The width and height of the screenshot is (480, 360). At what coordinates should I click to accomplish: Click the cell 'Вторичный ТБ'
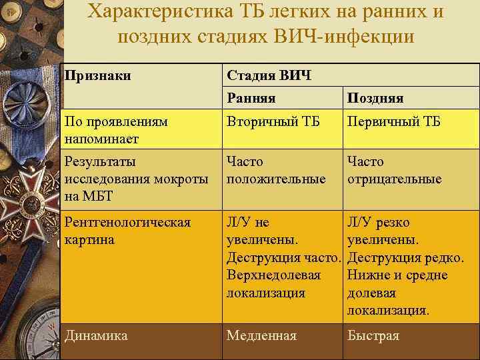coord(273,123)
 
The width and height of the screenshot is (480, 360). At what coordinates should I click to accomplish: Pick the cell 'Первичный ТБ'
coord(394,123)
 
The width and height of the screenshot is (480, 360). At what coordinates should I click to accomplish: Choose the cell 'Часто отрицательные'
coord(394,170)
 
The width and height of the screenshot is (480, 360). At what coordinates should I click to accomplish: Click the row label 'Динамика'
coord(96,335)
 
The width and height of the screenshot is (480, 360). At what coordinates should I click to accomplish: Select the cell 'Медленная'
coord(261,335)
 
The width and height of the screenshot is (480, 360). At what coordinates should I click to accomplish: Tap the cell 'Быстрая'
coord(373,335)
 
